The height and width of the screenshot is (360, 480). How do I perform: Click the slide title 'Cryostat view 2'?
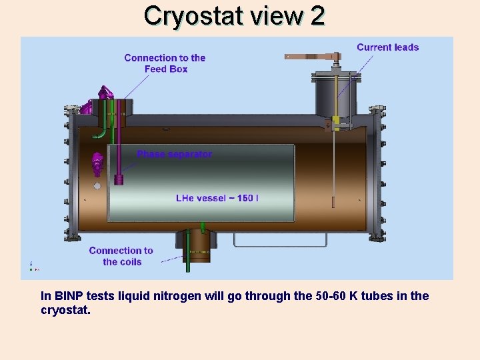pos(234,15)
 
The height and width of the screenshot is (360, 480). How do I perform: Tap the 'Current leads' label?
pos(387,47)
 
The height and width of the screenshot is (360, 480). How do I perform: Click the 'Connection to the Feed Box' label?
pos(165,63)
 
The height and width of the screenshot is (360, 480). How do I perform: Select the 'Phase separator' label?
pos(175,154)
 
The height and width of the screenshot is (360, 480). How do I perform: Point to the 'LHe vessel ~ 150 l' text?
pos(217,198)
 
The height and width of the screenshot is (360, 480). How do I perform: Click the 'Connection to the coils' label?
pos(121,256)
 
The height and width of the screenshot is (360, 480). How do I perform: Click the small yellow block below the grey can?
pos(336,121)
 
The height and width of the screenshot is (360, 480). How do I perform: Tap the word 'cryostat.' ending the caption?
pos(65,310)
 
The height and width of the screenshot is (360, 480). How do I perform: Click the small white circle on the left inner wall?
pos(97,186)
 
